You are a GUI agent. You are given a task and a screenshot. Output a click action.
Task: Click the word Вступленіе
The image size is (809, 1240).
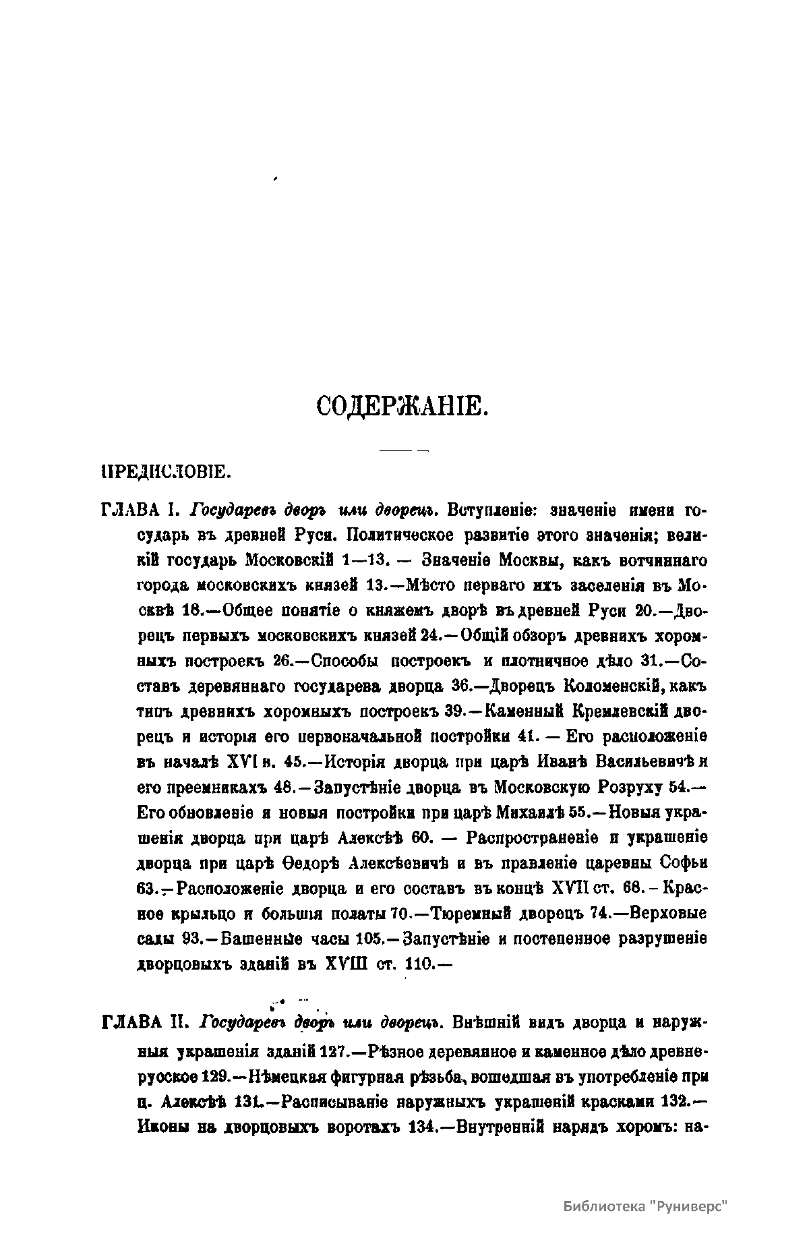tap(492, 510)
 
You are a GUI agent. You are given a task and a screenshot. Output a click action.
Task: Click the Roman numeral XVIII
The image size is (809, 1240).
tap(346, 965)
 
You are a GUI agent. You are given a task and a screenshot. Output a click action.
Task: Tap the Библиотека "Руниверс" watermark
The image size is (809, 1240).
tap(647, 1206)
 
